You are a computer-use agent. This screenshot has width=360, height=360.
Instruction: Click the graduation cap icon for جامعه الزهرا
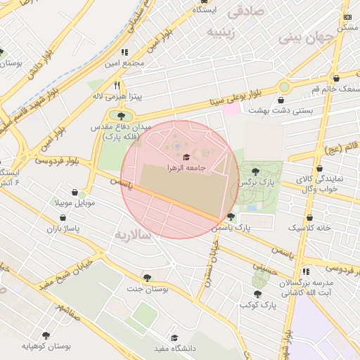(x=186, y=157)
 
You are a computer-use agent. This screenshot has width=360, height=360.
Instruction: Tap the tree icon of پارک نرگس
(x=255, y=171)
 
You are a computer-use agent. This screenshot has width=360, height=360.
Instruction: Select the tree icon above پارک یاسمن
(x=231, y=216)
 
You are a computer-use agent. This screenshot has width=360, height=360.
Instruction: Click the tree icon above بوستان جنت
(x=147, y=277)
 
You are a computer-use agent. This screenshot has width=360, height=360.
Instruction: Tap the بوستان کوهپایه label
(x=46, y=346)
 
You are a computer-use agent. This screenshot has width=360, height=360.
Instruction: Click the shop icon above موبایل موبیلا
(x=75, y=192)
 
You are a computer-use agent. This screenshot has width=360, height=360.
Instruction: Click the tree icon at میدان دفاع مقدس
(x=122, y=115)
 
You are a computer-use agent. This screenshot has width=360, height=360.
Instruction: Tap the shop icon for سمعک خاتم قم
(x=336, y=78)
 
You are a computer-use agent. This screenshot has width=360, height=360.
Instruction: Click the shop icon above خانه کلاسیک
(x=309, y=218)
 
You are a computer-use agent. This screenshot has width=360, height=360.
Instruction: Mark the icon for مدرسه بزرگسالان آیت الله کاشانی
(x=305, y=271)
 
